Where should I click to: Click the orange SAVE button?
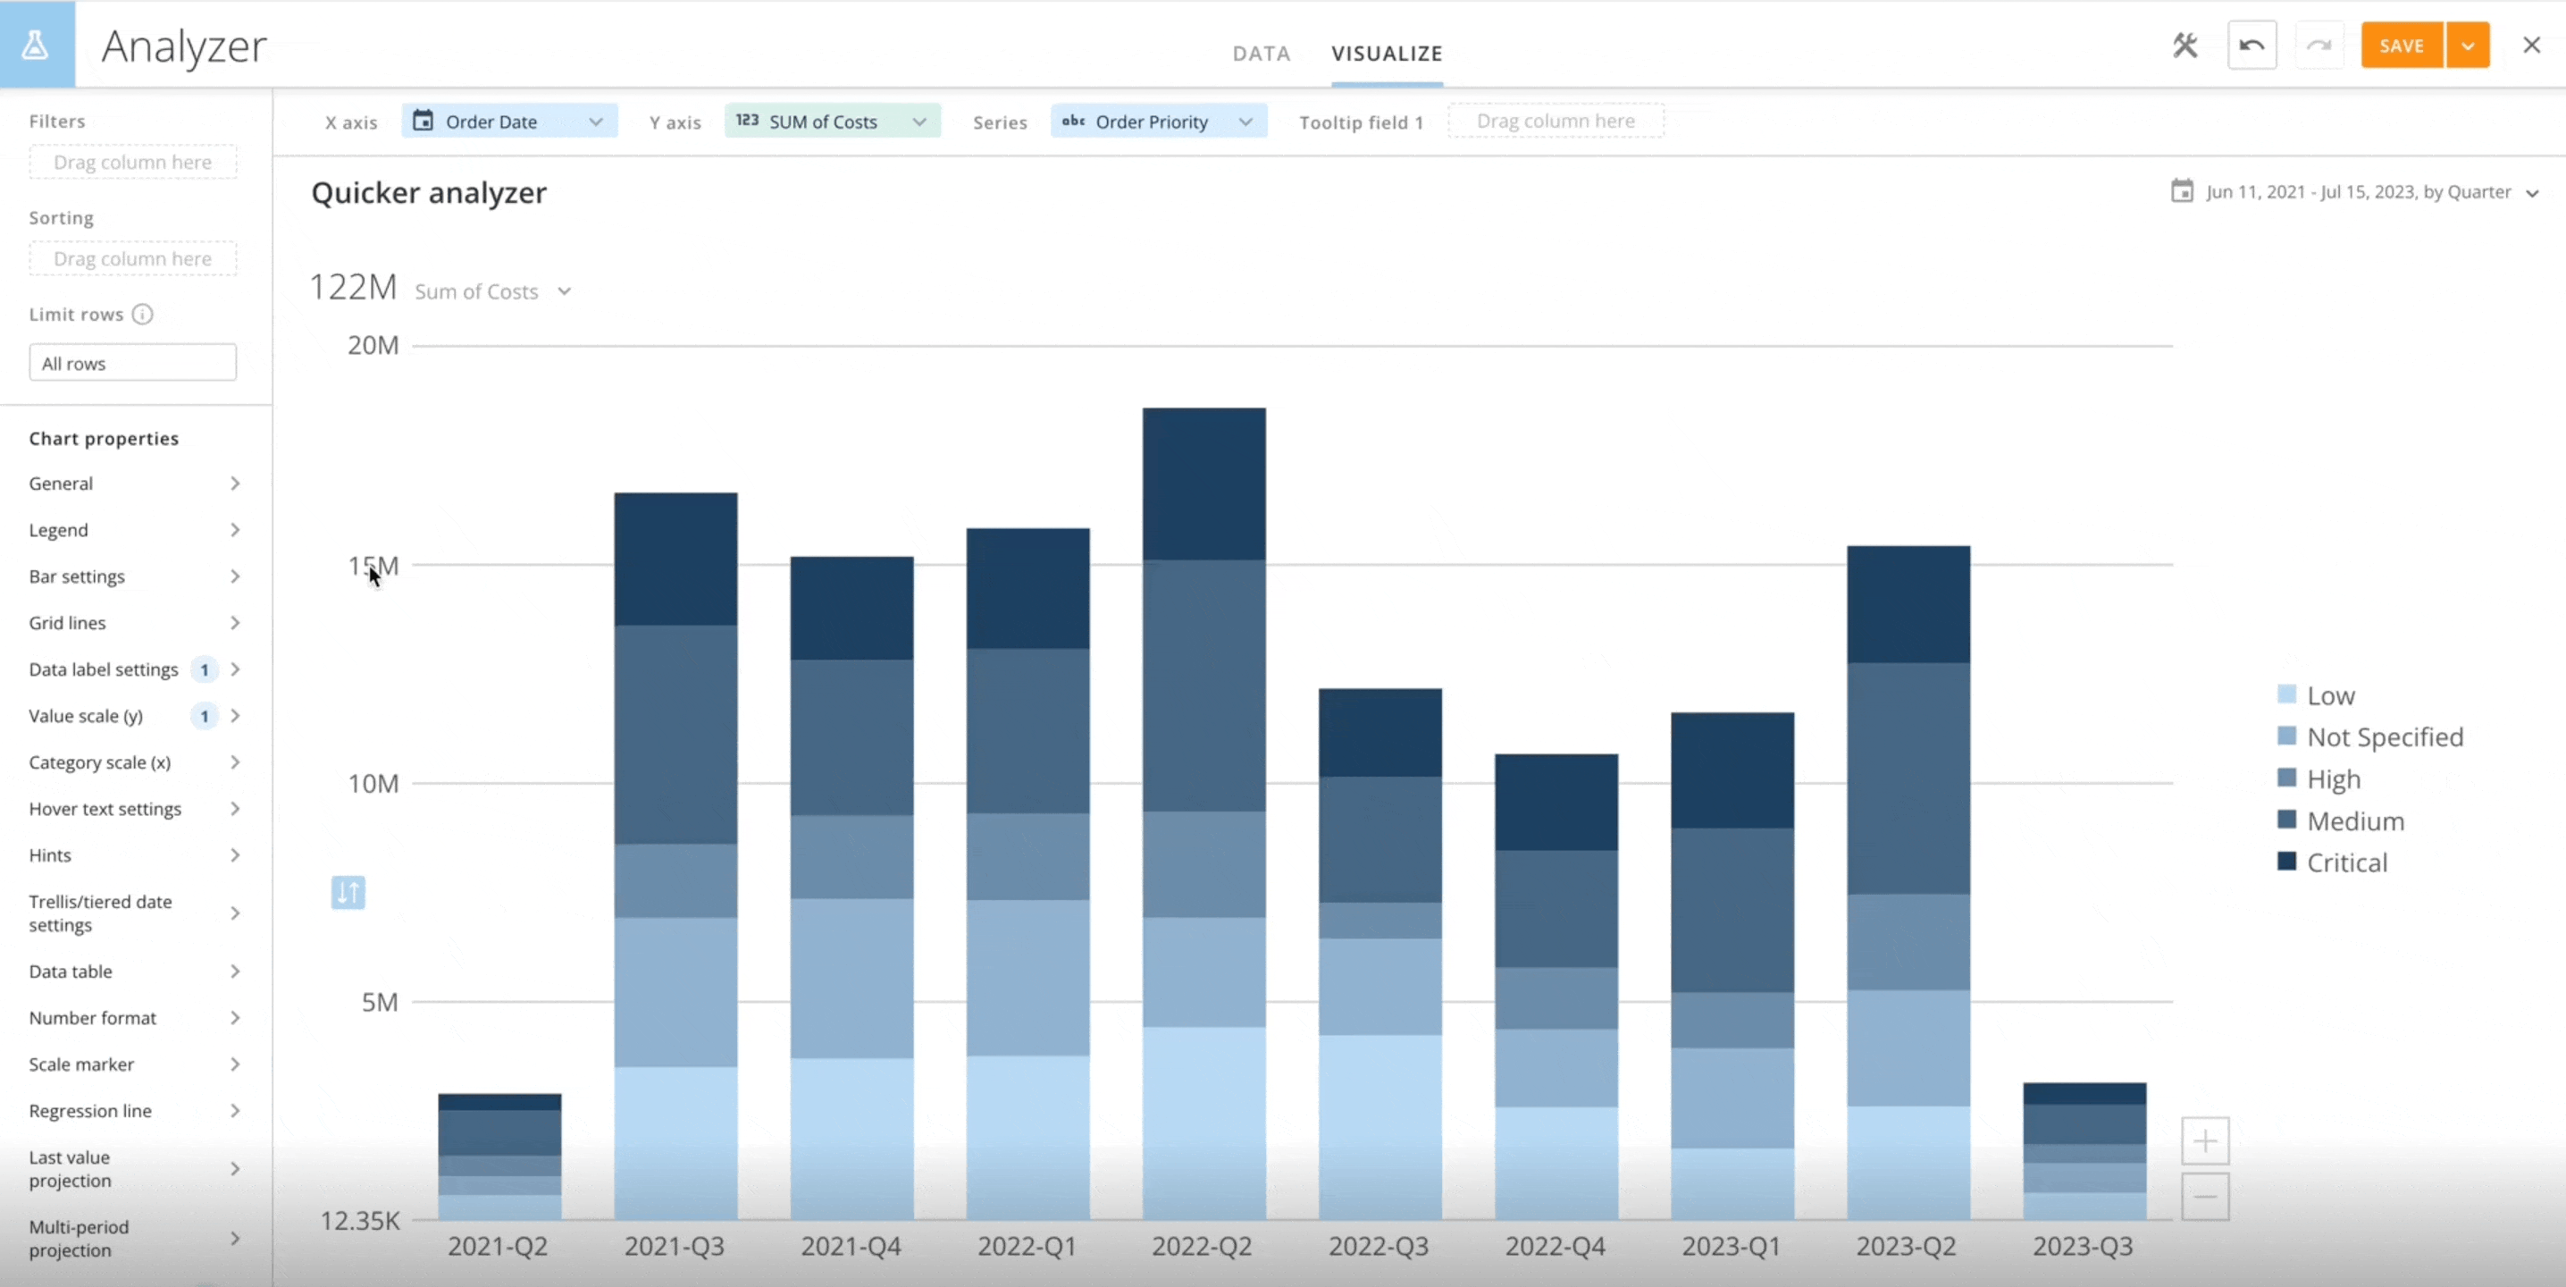[2401, 46]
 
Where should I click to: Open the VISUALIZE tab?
[1387, 53]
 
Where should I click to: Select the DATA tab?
[1261, 53]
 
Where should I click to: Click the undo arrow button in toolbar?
[2252, 46]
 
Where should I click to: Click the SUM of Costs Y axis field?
[832, 122]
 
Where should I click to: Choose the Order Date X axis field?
[509, 122]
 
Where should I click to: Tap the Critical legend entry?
[2346, 862]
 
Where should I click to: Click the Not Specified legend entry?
[2384, 737]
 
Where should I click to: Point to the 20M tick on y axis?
[373, 346]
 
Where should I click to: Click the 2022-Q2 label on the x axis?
[1203, 1246]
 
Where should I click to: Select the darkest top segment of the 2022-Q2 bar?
[1203, 484]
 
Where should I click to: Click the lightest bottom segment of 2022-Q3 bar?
[1379, 1125]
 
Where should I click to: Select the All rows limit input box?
[132, 363]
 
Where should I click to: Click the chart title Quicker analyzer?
[428, 192]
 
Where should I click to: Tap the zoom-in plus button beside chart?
[2204, 1140]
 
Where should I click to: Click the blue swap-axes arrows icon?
[348, 892]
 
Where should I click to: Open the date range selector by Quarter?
[2357, 192]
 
